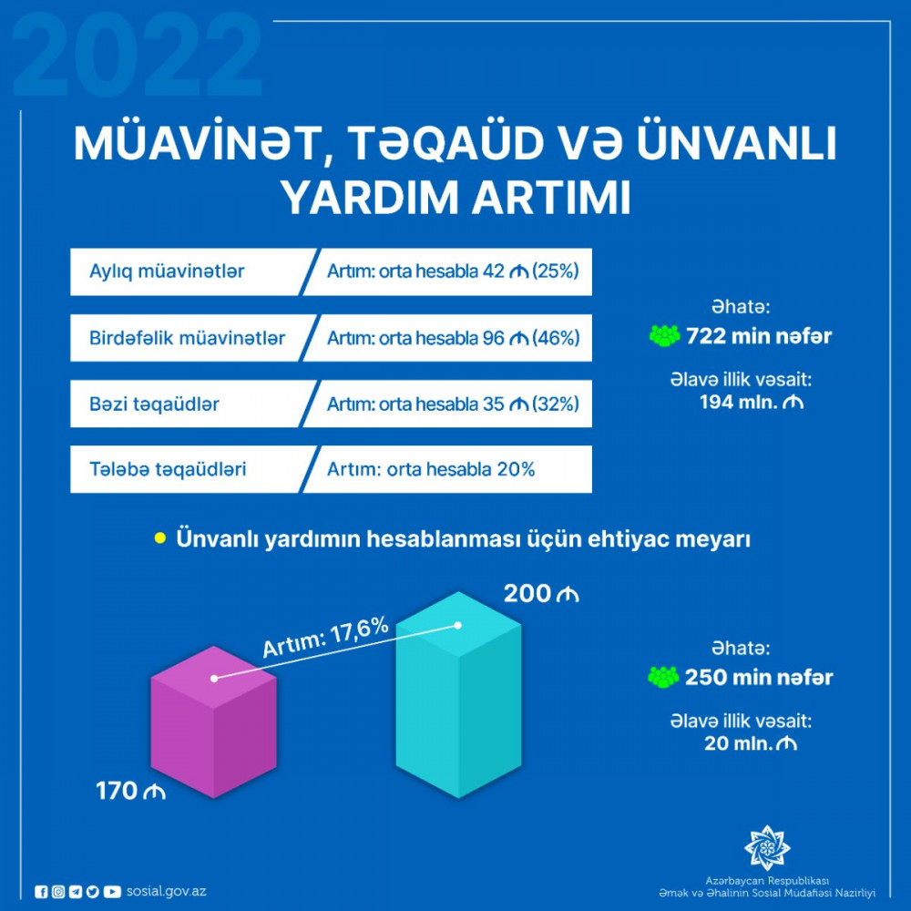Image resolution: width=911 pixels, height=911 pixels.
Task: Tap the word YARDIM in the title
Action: tap(371, 198)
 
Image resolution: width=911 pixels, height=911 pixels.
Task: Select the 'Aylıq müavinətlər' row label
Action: tap(167, 271)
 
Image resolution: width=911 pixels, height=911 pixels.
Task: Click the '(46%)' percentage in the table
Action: tap(556, 338)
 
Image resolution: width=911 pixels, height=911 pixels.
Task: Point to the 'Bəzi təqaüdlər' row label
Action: tap(154, 404)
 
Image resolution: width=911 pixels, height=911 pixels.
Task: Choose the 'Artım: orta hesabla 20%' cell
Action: tap(431, 469)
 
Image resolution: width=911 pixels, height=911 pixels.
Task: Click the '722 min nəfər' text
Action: tap(759, 336)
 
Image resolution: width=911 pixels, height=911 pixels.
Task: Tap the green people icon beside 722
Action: tap(665, 336)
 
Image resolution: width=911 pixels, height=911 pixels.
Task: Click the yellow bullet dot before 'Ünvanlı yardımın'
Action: tap(159, 538)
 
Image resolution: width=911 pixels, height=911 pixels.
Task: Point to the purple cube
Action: tap(213, 722)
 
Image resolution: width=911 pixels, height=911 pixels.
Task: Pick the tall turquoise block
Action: tap(458, 695)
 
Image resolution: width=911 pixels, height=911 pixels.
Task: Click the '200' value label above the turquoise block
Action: tap(527, 594)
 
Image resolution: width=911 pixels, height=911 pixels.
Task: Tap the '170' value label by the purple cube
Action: tap(117, 791)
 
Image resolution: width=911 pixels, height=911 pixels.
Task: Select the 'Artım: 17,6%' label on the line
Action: tap(325, 638)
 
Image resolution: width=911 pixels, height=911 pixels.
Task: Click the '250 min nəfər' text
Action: tap(759, 677)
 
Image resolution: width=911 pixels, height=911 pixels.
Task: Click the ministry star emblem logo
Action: tap(767, 847)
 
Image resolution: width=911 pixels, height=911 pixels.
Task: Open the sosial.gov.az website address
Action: tap(166, 891)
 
